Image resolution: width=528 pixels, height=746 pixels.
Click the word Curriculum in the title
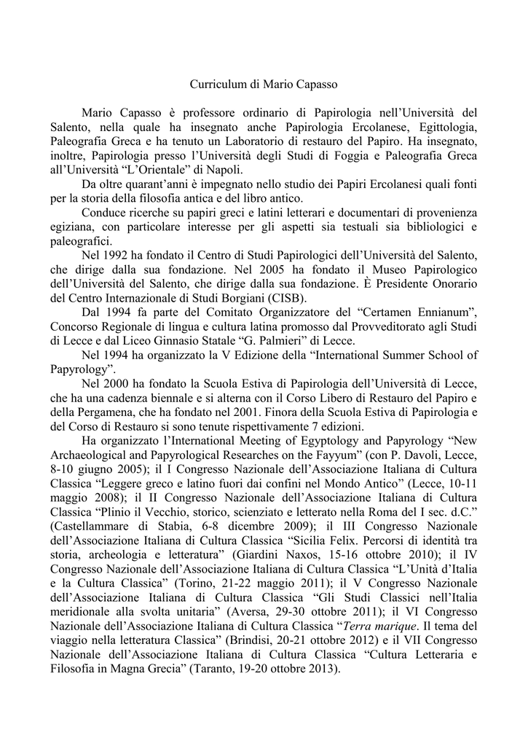click(x=217, y=85)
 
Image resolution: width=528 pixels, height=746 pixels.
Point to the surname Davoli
click(x=404, y=458)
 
